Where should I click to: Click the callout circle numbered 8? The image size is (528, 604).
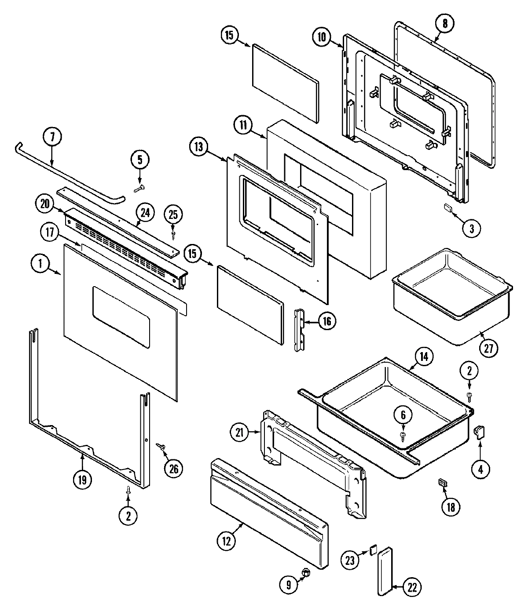(445, 24)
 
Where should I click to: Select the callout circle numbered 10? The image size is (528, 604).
(322, 37)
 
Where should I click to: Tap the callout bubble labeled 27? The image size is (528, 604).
(488, 348)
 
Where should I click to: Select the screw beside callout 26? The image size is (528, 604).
(161, 446)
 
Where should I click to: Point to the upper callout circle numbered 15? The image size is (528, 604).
(230, 36)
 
